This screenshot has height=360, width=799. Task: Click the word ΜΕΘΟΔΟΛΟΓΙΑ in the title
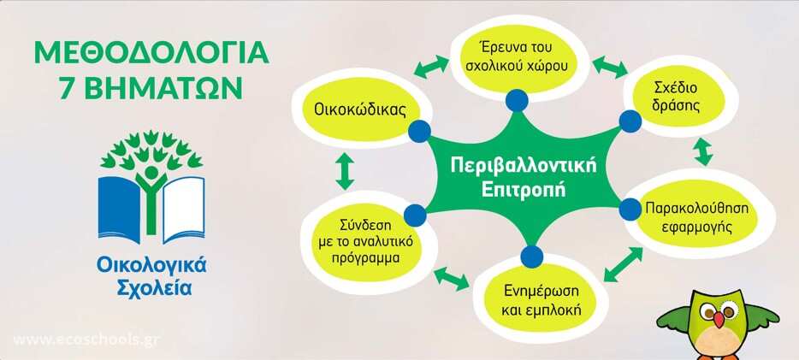click(x=151, y=53)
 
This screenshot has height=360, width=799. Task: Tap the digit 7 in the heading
click(x=67, y=89)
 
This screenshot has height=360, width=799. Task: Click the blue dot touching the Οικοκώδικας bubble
click(x=419, y=132)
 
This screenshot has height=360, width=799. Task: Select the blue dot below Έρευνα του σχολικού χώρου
click(x=518, y=100)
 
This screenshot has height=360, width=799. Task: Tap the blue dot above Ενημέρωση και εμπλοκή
click(x=531, y=257)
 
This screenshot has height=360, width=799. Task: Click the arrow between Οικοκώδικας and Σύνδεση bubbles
click(x=345, y=172)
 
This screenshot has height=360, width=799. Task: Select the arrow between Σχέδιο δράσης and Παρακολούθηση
click(x=703, y=150)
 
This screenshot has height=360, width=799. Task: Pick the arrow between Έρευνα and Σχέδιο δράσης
click(x=610, y=67)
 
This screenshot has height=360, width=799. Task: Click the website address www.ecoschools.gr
click(x=86, y=340)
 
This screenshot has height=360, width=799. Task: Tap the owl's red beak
click(x=719, y=319)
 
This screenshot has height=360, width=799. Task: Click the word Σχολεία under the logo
click(x=154, y=287)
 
